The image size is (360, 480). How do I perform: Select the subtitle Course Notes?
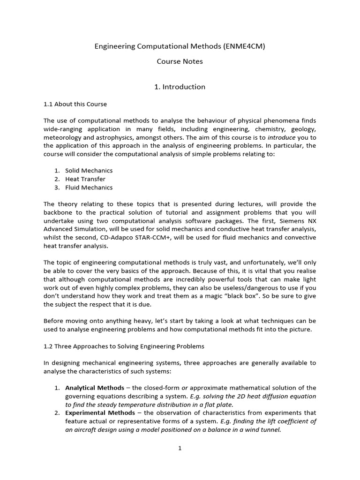180,61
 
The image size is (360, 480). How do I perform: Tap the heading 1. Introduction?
180,87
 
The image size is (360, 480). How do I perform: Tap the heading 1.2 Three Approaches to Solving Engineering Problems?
124,346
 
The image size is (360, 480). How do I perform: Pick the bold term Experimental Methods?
98,413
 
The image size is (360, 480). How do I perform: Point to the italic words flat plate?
217,405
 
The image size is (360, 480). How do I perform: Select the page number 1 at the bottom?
180,449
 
